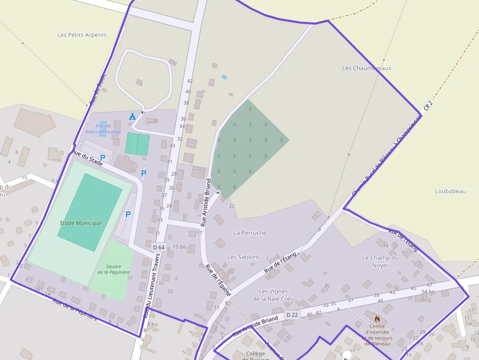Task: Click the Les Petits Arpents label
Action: (x=82, y=35)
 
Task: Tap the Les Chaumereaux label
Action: (x=367, y=68)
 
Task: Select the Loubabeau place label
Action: (x=450, y=191)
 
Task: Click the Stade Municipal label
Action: (x=81, y=223)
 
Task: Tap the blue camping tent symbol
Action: (x=132, y=116)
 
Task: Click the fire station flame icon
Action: (x=377, y=318)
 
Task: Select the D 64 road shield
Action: (x=158, y=247)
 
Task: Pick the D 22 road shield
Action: (x=292, y=315)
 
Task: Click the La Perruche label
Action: (x=250, y=233)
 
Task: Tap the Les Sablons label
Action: (x=243, y=257)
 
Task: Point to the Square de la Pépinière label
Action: (x=113, y=269)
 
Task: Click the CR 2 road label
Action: (x=429, y=105)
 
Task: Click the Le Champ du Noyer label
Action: (x=380, y=261)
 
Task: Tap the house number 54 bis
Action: (x=428, y=292)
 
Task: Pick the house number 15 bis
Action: (x=180, y=247)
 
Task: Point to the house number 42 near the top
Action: (x=190, y=81)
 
